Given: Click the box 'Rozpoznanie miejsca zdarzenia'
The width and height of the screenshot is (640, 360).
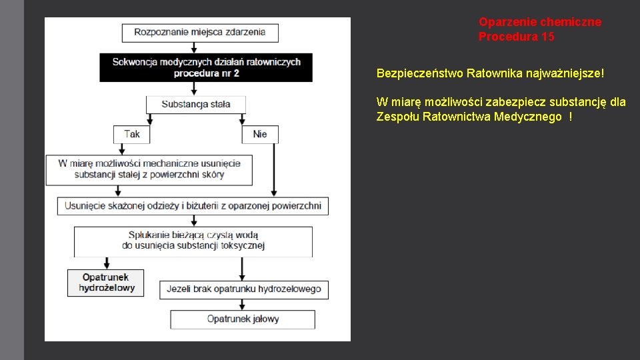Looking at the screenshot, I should coord(199,32).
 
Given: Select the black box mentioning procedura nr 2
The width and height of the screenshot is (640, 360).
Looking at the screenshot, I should coord(206,67).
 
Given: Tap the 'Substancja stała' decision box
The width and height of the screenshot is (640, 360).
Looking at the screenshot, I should coord(195,104).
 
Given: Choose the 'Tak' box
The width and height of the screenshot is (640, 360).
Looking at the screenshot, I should coord(131,134).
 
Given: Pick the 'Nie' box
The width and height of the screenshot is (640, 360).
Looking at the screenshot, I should coord(259,134).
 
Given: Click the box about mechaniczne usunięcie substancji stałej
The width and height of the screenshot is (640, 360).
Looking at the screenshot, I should coord(149,169).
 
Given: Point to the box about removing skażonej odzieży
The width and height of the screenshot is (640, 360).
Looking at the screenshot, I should coord(193,206).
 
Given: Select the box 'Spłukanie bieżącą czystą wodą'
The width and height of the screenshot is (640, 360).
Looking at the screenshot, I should coord(193,241).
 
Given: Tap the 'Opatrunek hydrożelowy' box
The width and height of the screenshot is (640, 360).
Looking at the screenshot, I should coord(106,283).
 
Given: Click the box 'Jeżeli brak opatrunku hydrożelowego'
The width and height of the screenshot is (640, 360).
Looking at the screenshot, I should coord(243,289).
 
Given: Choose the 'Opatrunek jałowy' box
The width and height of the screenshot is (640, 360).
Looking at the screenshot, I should coord(243,319).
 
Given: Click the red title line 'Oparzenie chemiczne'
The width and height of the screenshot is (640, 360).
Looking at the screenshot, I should coord(539,22).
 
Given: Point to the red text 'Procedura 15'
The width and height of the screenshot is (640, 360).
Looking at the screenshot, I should coord(516,37).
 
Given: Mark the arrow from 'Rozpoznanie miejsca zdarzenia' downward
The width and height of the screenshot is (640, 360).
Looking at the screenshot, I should coord(193,47).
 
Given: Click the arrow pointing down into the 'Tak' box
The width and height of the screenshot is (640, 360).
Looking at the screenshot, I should coord(149,119).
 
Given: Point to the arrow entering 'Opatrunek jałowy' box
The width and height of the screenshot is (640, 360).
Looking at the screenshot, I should coord(243,305).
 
